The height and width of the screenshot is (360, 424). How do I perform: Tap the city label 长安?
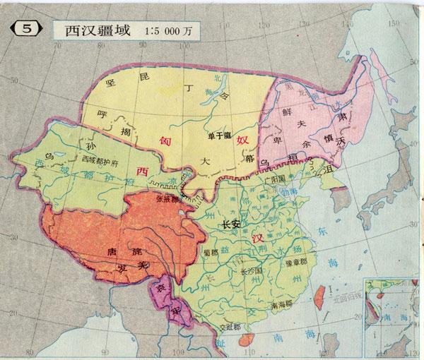pos(231,224)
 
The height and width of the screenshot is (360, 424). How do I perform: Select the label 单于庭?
pos(220,135)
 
